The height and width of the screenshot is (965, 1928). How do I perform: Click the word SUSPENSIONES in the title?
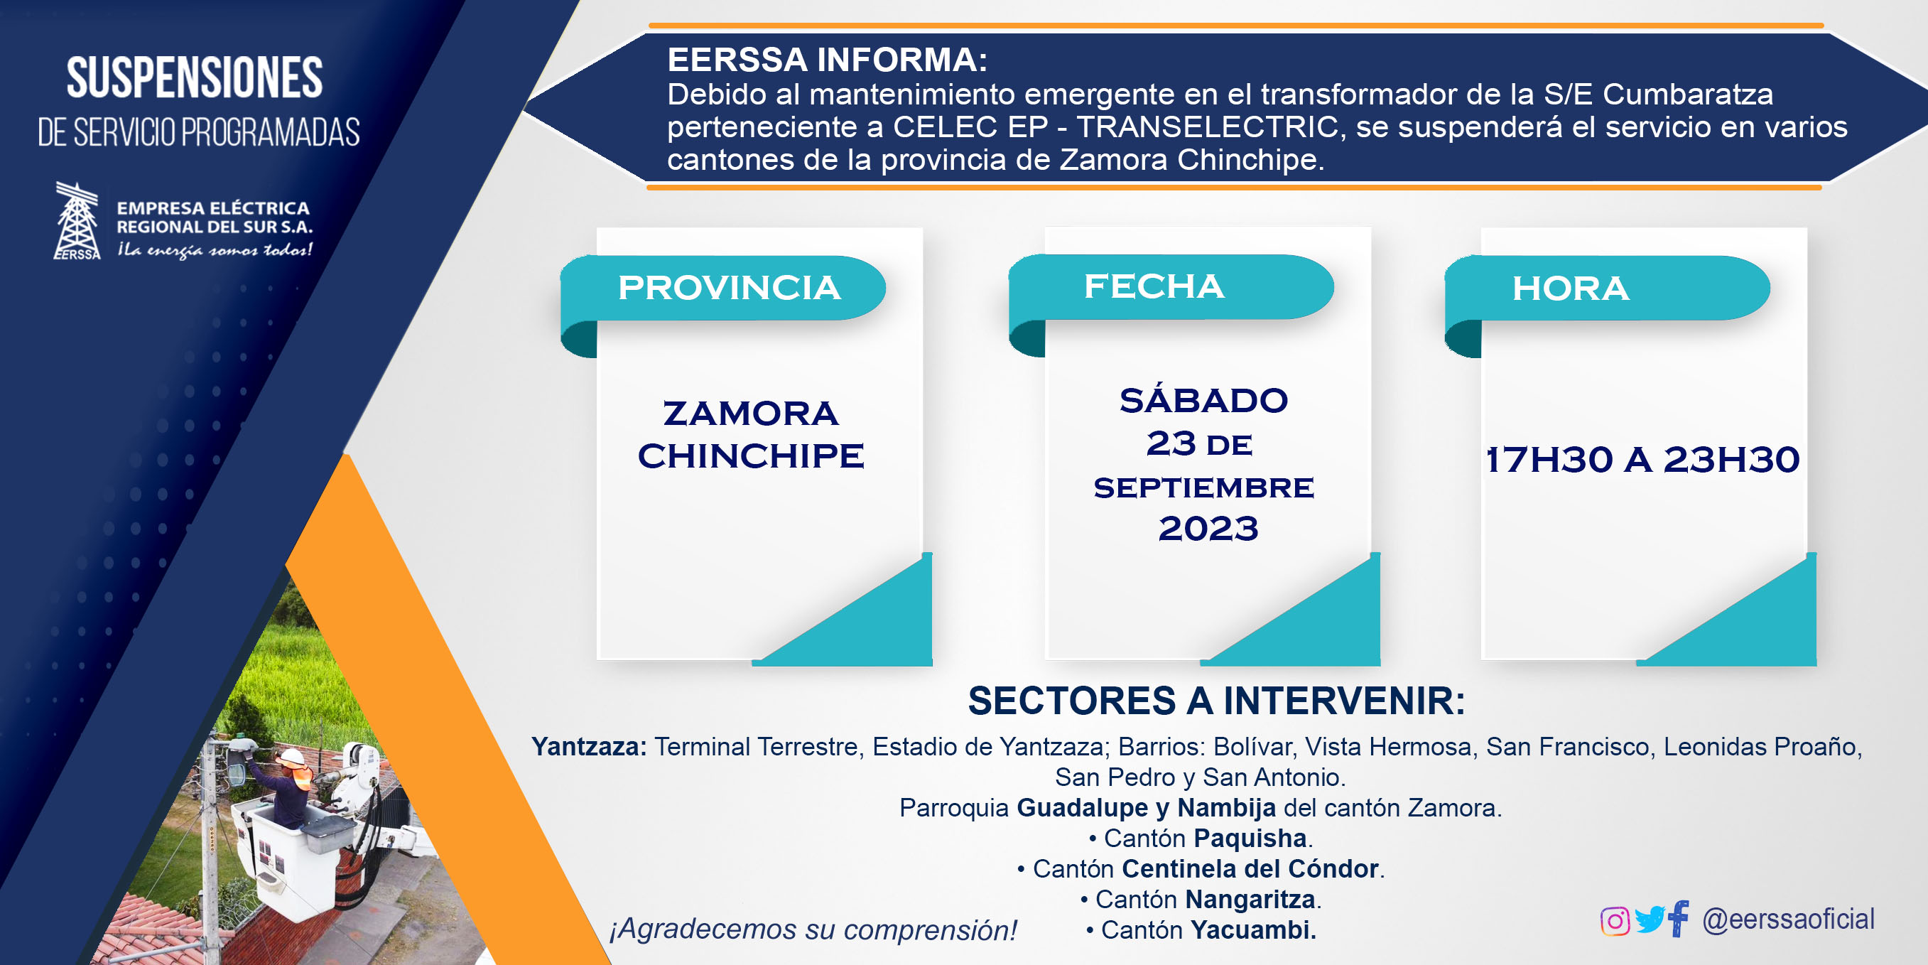195,77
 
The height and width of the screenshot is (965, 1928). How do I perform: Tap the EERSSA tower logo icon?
77,221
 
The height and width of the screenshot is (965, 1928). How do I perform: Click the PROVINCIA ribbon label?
729,288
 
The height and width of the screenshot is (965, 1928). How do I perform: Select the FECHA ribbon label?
1154,286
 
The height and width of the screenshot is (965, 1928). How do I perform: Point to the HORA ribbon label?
1570,289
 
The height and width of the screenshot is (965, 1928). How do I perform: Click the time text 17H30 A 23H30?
1642,459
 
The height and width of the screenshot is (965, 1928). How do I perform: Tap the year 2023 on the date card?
1208,528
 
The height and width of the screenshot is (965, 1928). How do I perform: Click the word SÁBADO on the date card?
1203,400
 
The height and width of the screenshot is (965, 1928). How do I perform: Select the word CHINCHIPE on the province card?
751,455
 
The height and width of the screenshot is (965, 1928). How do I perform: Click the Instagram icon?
1615,921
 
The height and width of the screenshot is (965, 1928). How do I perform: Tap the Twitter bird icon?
1649,920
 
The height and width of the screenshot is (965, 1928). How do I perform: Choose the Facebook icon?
1678,918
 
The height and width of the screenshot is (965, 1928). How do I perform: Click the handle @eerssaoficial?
1788,919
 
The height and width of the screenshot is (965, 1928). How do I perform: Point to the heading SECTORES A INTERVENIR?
1216,701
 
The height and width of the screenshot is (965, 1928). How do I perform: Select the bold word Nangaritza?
1250,898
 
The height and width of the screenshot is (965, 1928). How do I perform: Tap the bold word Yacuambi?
1253,929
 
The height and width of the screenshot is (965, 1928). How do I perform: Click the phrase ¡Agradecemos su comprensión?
813,929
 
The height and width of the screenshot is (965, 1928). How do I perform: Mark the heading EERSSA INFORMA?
827,60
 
